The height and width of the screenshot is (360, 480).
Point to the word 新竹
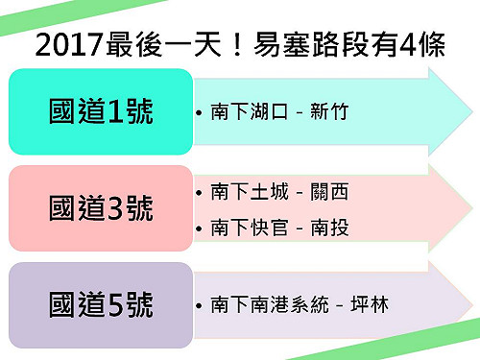pos(329,112)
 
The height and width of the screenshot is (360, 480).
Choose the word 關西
pos(329,193)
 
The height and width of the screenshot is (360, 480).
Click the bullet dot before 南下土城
pos(199,194)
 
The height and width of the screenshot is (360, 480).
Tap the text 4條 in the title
pos(426,44)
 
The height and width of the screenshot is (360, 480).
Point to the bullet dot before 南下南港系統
pos(199,307)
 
